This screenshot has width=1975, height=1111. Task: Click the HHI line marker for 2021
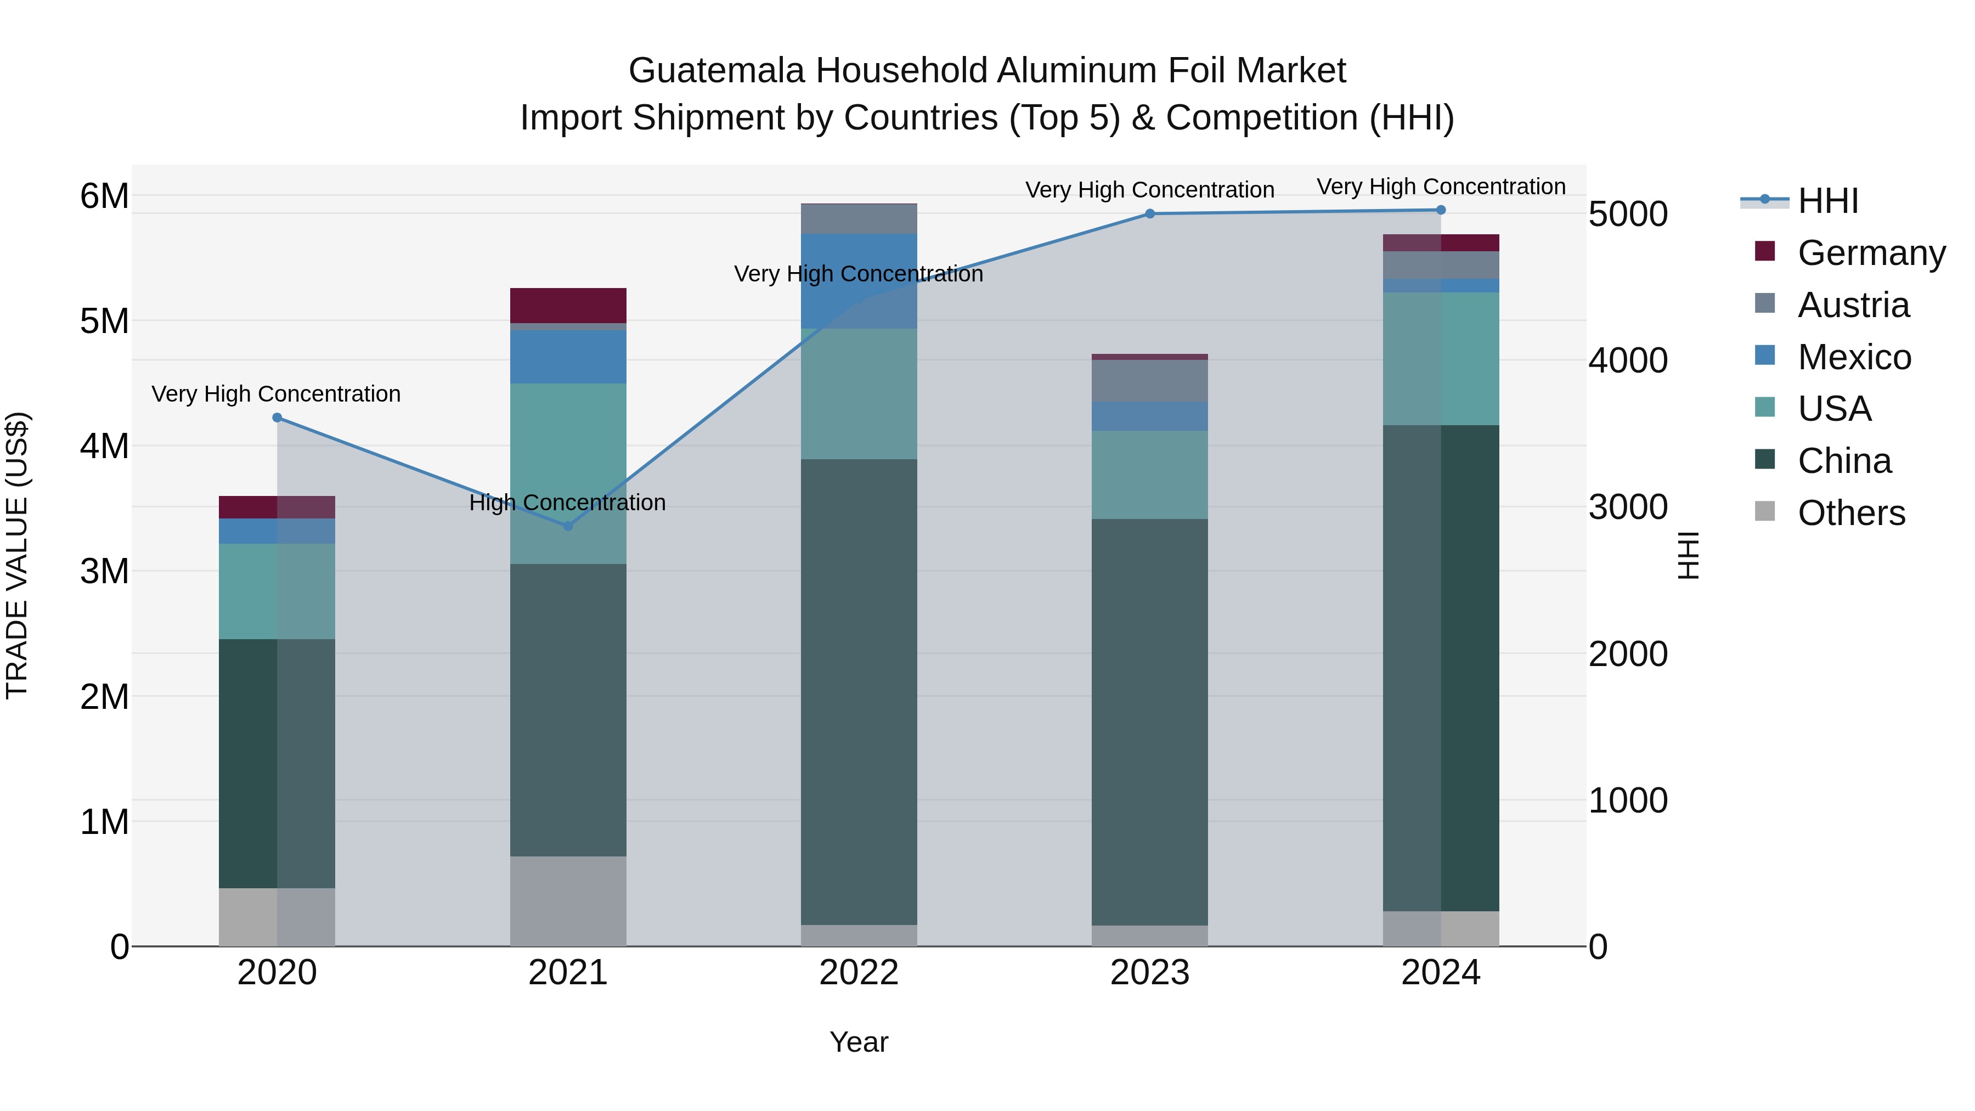coord(568,526)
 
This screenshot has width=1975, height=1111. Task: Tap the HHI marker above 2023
coord(1149,214)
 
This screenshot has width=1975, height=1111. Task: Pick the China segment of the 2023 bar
coord(1149,721)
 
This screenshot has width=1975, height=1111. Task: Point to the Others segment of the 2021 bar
coord(568,901)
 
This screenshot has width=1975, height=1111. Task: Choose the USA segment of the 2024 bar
coord(1441,358)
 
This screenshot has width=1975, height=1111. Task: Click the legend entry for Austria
coord(1853,305)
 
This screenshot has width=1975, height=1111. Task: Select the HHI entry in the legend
coord(1828,201)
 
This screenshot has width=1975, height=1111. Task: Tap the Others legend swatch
coord(1765,511)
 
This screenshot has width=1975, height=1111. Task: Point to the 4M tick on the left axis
coord(104,445)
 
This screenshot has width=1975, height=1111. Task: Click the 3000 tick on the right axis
coord(1628,507)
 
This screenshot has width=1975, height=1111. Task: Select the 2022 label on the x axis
coord(859,973)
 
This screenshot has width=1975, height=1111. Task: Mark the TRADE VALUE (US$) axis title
coord(17,555)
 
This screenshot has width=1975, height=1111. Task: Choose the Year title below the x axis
coord(859,1042)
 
